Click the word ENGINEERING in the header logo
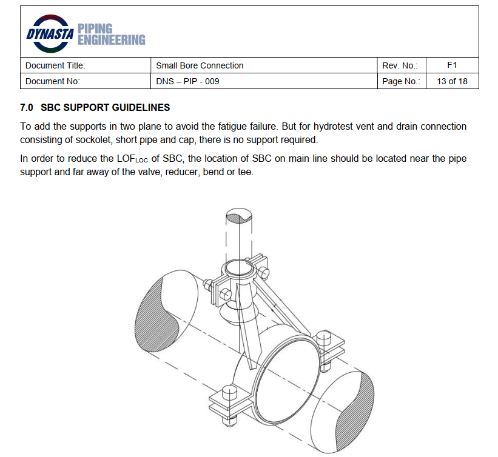(x=112, y=40)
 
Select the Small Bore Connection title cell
(x=200, y=65)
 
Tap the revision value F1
(x=452, y=65)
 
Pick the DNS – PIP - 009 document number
(x=187, y=81)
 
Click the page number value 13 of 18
(x=452, y=81)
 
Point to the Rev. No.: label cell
(x=400, y=65)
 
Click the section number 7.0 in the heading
(x=27, y=108)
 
